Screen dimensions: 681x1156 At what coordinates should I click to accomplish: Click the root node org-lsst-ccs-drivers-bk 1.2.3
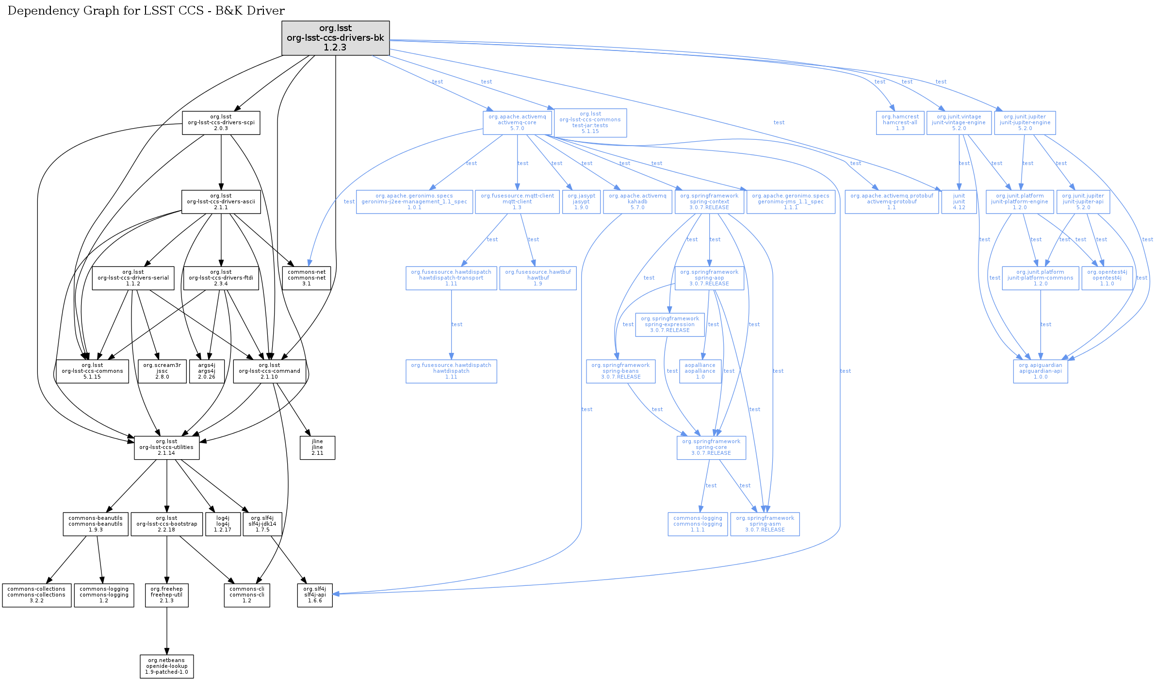[x=335, y=38]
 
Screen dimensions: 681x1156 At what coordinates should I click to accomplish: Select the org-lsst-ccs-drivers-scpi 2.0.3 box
[x=221, y=123]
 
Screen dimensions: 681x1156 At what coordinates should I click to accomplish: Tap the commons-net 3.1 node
[x=306, y=278]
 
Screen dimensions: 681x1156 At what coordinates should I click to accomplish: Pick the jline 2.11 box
[x=317, y=448]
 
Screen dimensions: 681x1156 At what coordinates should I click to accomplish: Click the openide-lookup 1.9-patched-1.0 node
[x=166, y=666]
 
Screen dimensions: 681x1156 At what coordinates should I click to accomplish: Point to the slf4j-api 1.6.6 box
[x=315, y=595]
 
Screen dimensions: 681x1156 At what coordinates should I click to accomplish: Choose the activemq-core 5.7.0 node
[x=517, y=123]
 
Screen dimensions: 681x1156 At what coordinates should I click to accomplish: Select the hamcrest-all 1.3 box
[x=900, y=123]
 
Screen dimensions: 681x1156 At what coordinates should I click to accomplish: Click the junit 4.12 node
[x=959, y=202]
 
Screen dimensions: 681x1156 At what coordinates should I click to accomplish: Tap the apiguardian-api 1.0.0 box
[x=1040, y=371]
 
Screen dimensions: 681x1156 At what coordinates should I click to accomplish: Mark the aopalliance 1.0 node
[x=700, y=371]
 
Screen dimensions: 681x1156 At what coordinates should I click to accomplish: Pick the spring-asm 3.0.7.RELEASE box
[x=765, y=524]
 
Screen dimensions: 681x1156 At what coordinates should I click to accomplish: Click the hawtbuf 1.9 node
[x=537, y=278]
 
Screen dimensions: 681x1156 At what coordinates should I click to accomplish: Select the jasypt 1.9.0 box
[x=581, y=202]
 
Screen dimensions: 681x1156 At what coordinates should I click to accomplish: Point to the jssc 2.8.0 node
[x=162, y=371]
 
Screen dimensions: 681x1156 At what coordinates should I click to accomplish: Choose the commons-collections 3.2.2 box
[x=36, y=595]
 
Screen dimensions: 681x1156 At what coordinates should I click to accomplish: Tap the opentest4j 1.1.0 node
[x=1107, y=278]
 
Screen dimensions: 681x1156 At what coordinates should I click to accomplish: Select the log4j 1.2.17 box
[x=223, y=524]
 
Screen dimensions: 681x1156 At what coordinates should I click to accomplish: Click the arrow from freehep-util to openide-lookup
[x=167, y=631]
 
